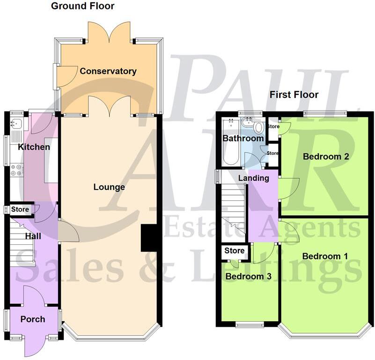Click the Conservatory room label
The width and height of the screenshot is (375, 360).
[x=108, y=71]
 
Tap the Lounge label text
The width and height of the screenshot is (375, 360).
[x=109, y=187]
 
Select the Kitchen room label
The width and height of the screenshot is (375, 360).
[x=34, y=147]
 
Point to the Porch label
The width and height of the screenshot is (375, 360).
[x=33, y=319]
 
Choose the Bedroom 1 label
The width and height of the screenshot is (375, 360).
[x=325, y=256]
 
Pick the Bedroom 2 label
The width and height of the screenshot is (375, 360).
[x=326, y=156]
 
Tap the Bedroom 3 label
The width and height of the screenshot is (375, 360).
[x=248, y=276]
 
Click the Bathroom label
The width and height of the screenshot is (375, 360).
[x=243, y=139]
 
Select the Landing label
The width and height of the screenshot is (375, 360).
[x=253, y=178]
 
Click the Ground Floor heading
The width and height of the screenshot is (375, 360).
[x=82, y=6]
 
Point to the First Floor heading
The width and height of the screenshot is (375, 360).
[x=294, y=95]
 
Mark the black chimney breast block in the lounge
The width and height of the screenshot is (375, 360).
[x=149, y=239]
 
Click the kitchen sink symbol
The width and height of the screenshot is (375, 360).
[x=16, y=124]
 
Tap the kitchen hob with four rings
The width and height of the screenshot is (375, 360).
[x=16, y=169]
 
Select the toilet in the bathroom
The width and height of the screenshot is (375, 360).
[x=257, y=127]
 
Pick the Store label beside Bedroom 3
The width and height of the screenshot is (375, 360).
[x=235, y=251]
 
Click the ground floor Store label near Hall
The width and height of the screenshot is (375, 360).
[x=20, y=209]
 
